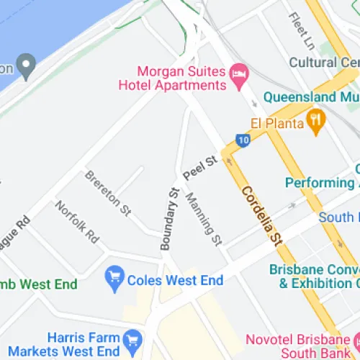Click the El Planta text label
click(x=277, y=122)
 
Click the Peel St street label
click(x=199, y=169)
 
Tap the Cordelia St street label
click(x=260, y=214)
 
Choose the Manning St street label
click(x=203, y=217)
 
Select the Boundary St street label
click(x=169, y=218)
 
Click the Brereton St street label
click(x=107, y=193)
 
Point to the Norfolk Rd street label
click(x=77, y=221)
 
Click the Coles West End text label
click(x=175, y=280)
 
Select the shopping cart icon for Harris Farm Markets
click(x=132, y=338)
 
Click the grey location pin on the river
click(x=28, y=68)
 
